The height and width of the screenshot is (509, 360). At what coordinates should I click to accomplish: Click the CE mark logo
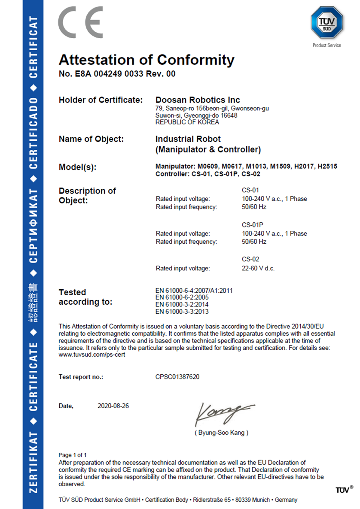(80, 22)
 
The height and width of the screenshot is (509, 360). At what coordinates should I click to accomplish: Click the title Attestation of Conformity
(146, 60)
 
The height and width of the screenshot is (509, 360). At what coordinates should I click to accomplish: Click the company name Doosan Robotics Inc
(198, 100)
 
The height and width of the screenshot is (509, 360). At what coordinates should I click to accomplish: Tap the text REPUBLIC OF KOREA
(187, 122)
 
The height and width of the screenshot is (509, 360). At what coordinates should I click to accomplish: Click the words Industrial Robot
(188, 139)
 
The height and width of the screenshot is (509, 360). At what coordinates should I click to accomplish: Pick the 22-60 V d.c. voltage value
(258, 268)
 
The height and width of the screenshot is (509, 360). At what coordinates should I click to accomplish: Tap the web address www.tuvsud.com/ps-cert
(92, 355)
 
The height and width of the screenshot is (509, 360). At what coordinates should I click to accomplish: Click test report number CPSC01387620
(177, 377)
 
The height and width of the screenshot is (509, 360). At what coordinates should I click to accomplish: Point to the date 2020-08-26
(113, 406)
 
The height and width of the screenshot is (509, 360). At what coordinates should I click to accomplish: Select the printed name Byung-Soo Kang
(221, 433)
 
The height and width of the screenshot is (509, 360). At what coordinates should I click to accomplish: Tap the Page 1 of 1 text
(73, 454)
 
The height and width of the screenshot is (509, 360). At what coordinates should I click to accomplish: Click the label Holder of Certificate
(101, 100)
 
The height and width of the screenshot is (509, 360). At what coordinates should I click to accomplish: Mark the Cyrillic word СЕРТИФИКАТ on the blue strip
(33, 226)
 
